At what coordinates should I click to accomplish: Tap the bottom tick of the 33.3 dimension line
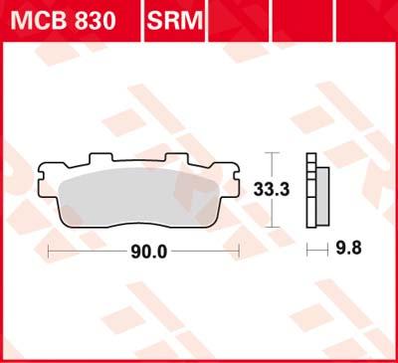pyautogui.click(x=274, y=224)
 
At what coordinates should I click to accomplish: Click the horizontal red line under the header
pyautogui.click(x=199, y=39)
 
